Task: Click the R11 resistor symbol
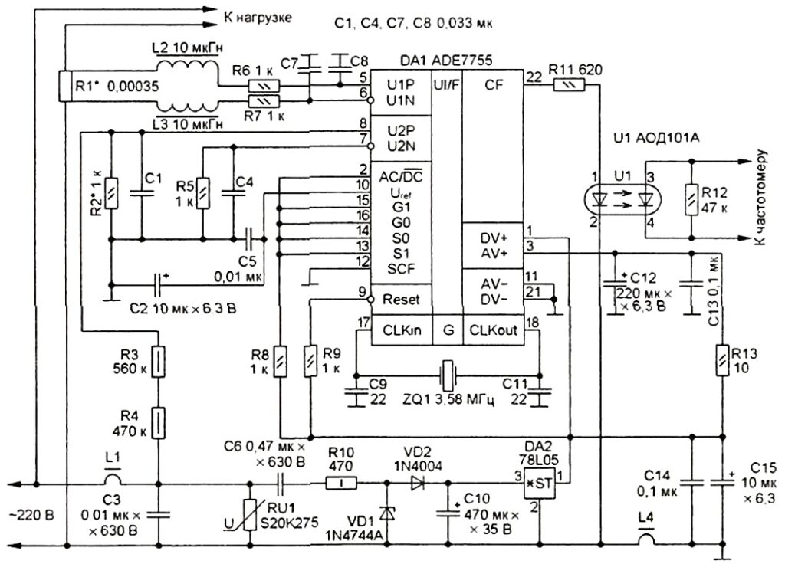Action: [569, 86]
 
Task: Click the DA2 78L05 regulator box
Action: [540, 484]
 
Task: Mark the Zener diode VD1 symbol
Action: [386, 513]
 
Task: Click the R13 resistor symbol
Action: [722, 360]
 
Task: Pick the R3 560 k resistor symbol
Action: [158, 362]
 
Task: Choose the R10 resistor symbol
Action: [341, 484]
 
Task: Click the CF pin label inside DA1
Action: [494, 85]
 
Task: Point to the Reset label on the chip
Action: [401, 300]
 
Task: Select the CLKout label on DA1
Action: [493, 330]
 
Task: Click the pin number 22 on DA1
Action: [534, 76]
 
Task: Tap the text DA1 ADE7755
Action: [446, 61]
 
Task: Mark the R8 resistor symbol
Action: [281, 362]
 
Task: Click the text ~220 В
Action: [31, 516]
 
